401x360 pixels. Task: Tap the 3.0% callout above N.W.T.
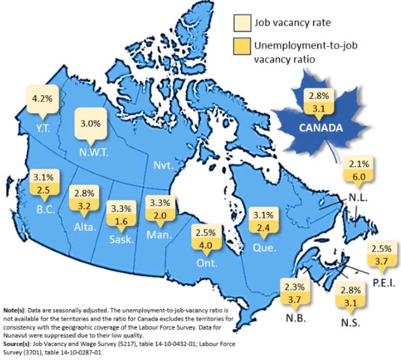(90, 123)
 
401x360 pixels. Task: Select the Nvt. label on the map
(163, 165)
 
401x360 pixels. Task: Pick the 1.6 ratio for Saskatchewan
(120, 221)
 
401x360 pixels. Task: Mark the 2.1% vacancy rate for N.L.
(360, 163)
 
